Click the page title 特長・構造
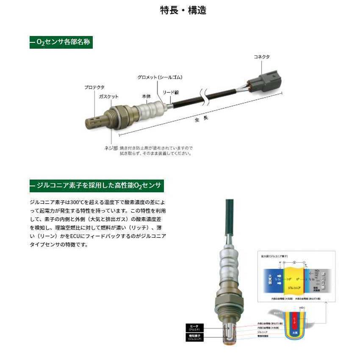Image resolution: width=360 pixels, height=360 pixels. (x=183, y=10)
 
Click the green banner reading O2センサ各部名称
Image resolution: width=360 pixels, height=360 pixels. (x=61, y=43)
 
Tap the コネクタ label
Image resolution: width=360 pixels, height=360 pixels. (x=261, y=56)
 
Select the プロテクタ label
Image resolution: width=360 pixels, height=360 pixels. (x=94, y=87)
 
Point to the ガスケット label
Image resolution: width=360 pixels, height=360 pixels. (x=109, y=97)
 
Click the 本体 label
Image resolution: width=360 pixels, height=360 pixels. (x=146, y=96)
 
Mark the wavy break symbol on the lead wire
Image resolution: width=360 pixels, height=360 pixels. (x=203, y=97)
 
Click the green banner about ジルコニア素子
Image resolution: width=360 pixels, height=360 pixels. (x=97, y=186)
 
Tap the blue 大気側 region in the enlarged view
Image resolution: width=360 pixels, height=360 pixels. (x=273, y=280)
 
